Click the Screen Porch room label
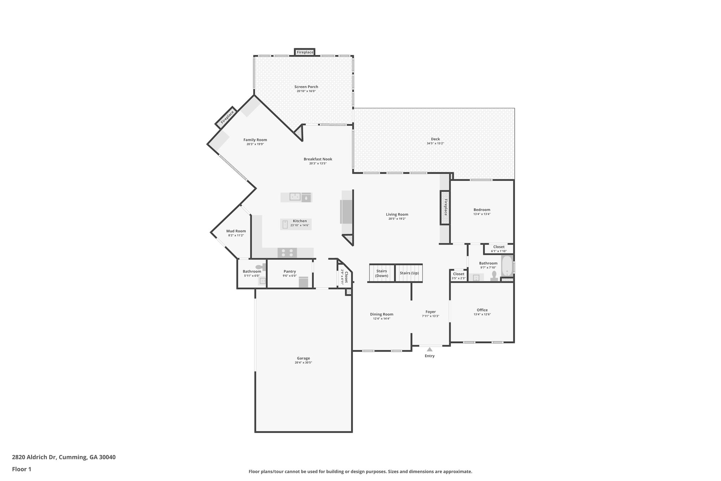coord(306,87)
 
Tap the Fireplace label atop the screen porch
coord(305,52)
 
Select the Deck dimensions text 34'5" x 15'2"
coord(435,143)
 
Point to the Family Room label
coord(255,140)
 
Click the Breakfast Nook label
coord(318,159)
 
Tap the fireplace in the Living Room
coord(445,208)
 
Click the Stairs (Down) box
coord(381,273)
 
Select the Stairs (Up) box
coord(409,273)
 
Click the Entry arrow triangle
coord(430,349)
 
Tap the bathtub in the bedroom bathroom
coord(507,266)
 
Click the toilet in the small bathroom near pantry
coord(261,267)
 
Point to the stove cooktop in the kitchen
coord(287,253)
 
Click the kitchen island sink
coord(295,197)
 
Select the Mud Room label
coord(236,231)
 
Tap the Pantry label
coord(289,271)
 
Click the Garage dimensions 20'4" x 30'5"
coord(303,363)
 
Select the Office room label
coord(482,310)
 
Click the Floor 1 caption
coord(21,469)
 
